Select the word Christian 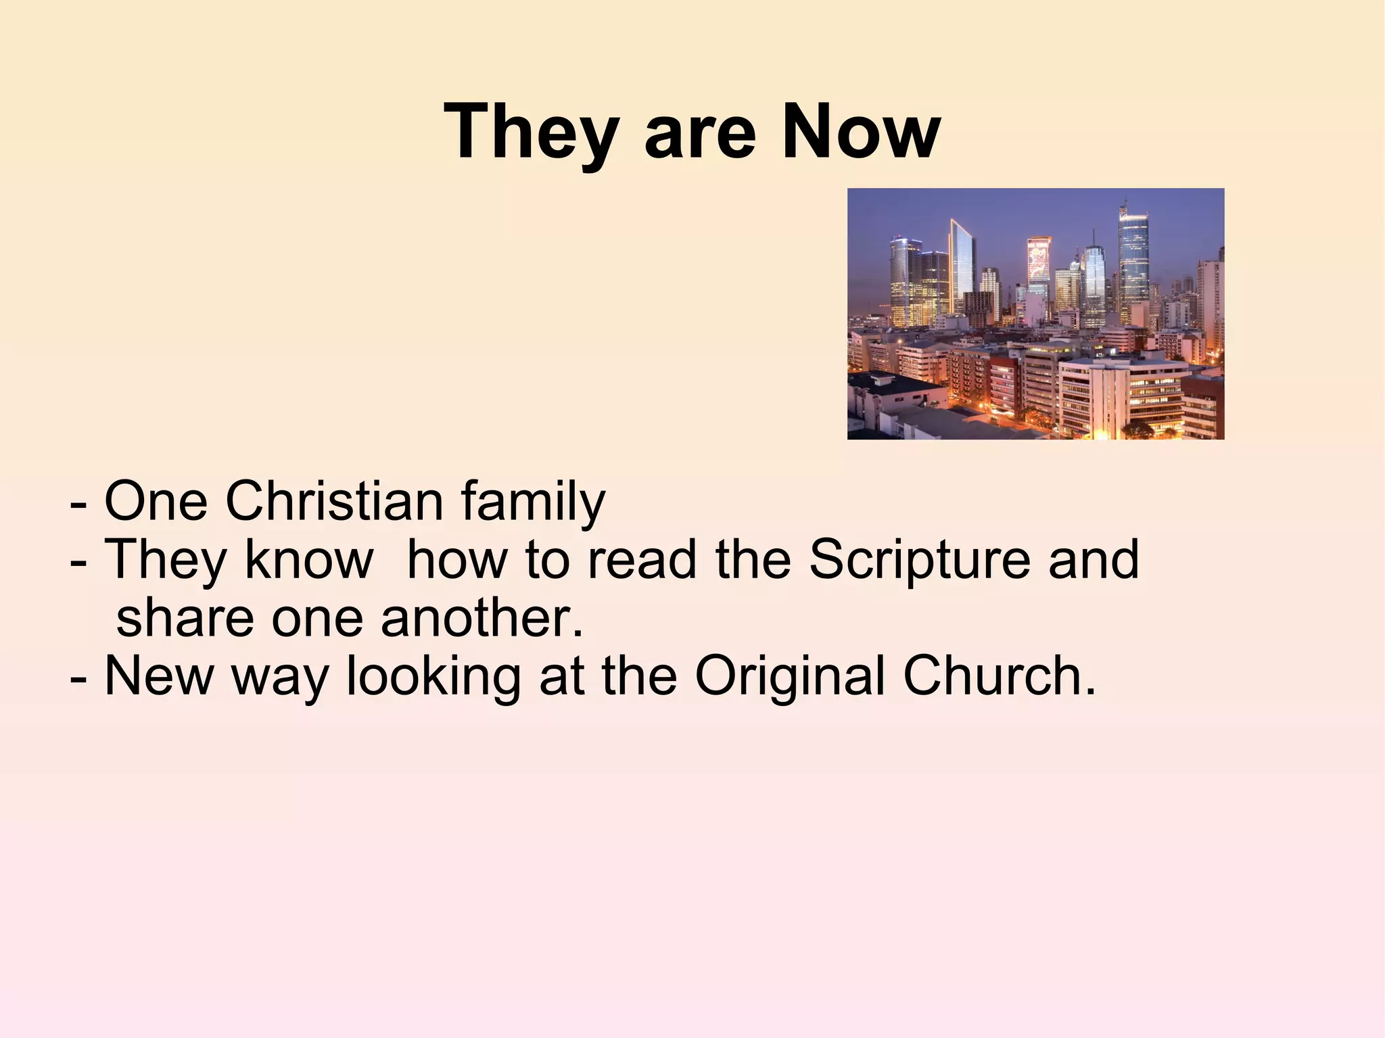(334, 501)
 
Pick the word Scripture (920, 561)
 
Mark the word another (482, 618)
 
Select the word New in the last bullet (159, 676)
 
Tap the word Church (998, 676)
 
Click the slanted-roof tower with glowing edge (961, 267)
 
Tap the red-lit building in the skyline (1039, 260)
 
